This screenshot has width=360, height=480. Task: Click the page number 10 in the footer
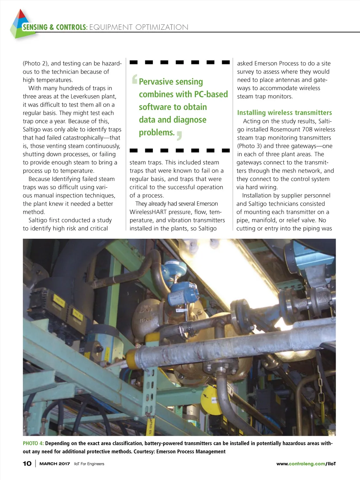point(27,463)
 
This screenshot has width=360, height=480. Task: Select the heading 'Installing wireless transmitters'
point(284,113)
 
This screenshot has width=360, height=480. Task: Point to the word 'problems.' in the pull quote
point(157,132)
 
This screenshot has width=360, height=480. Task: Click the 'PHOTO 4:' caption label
point(33,443)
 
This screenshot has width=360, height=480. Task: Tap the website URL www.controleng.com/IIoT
point(306,463)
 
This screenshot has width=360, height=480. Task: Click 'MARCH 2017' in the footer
point(54,463)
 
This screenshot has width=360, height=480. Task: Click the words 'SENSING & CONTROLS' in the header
point(54,27)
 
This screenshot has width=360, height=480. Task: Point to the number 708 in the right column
point(307,129)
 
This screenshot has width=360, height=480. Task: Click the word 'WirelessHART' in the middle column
point(148,212)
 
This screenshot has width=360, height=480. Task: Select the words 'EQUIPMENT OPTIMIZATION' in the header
point(139,27)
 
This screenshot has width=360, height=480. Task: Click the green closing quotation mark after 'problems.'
point(179,136)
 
